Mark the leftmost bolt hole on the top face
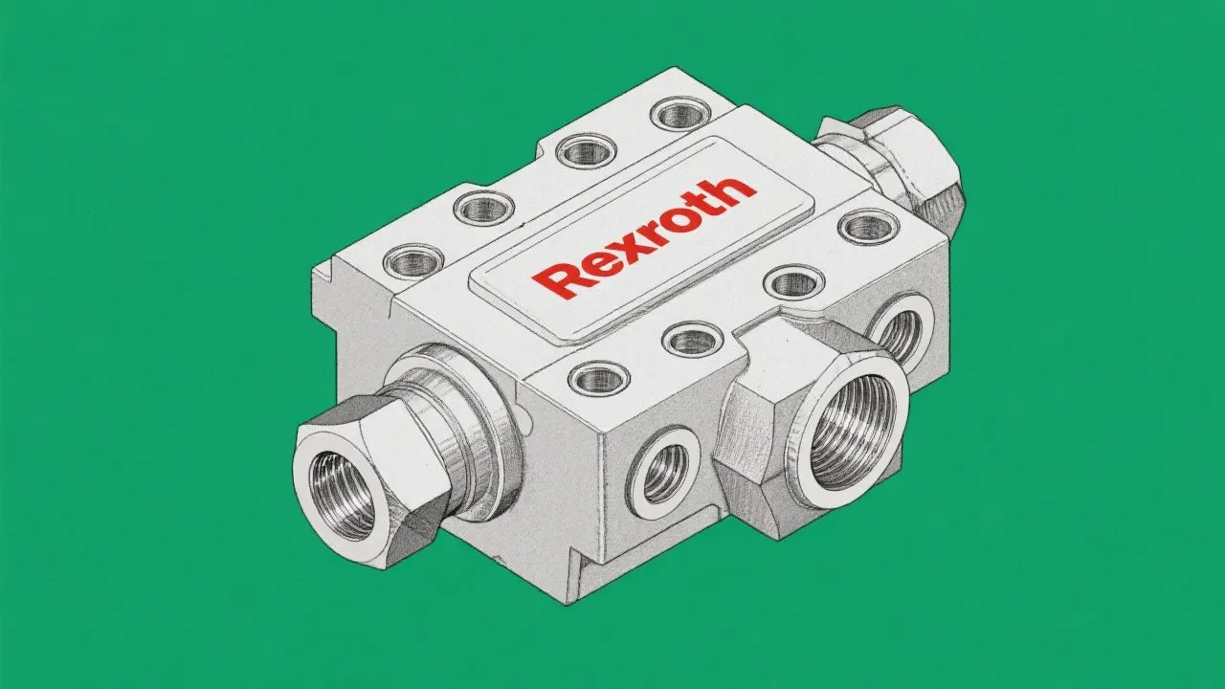(x=412, y=259)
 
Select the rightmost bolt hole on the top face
(x=867, y=227)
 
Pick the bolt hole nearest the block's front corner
(x=599, y=378)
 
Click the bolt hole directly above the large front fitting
(x=794, y=282)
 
